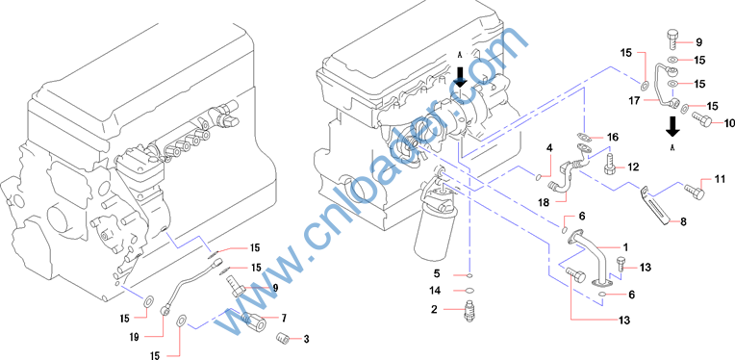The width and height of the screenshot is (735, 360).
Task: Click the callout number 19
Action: pyautogui.click(x=134, y=337)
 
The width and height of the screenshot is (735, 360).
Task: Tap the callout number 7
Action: pyautogui.click(x=284, y=319)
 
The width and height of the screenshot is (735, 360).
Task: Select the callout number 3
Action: pyautogui.click(x=306, y=339)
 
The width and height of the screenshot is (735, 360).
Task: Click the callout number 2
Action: pyautogui.click(x=435, y=310)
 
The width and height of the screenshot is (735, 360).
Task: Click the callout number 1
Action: pyautogui.click(x=625, y=246)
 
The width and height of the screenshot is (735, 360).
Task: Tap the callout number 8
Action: pyautogui.click(x=683, y=222)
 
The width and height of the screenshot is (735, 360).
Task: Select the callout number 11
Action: pyautogui.click(x=720, y=179)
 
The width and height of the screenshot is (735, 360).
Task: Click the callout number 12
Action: pyautogui.click(x=633, y=167)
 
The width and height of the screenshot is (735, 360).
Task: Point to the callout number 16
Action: pyautogui.click(x=613, y=138)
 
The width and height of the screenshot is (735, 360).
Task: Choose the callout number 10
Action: pyautogui.click(x=729, y=123)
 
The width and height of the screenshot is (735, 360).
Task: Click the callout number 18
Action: pyautogui.click(x=544, y=202)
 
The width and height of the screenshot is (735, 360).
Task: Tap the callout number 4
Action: pyautogui.click(x=549, y=148)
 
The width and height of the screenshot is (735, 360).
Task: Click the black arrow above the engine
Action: pyautogui.click(x=460, y=76)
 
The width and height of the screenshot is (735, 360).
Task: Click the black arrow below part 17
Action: pyautogui.click(x=672, y=126)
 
